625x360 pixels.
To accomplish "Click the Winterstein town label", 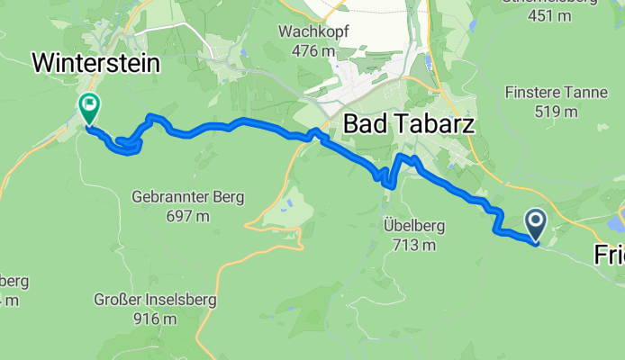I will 95,62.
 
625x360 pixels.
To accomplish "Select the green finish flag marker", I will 89,109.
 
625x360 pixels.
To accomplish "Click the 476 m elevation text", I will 313,50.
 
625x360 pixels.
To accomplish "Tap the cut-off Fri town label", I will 610,256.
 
